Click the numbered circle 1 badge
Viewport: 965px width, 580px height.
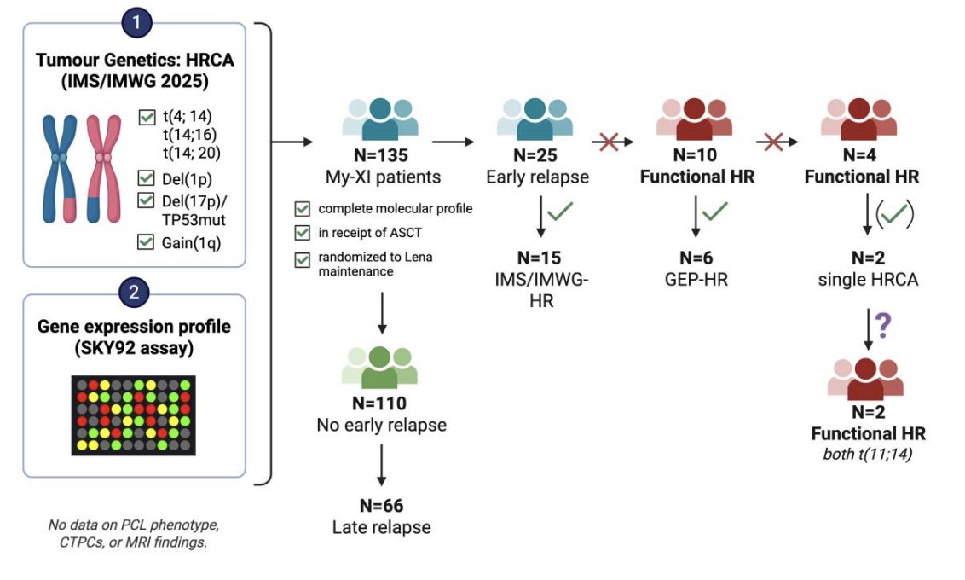coord(136,23)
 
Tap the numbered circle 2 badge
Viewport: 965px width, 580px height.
coord(134,291)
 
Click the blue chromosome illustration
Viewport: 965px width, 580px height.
coord(60,169)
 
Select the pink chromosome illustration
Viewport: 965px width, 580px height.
coord(103,169)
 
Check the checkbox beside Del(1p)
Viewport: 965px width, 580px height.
coord(146,178)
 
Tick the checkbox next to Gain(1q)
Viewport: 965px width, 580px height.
coord(146,241)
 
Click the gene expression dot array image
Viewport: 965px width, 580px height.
coord(134,415)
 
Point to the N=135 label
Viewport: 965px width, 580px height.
coord(381,155)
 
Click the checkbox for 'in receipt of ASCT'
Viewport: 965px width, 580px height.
coord(302,233)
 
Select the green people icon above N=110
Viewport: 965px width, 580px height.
coord(379,368)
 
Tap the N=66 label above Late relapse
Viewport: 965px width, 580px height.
coord(382,506)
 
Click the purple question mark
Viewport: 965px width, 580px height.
coord(883,325)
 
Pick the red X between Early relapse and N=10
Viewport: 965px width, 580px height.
coord(609,142)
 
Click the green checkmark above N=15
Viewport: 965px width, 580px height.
coord(560,212)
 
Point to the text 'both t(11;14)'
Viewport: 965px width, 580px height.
coord(868,455)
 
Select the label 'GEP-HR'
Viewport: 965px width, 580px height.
coord(696,280)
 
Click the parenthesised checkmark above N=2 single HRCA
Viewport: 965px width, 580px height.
coord(895,213)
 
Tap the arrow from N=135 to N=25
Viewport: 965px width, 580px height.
coord(453,142)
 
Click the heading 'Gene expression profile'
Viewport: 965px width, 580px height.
coord(134,327)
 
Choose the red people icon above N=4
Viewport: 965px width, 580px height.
coord(858,119)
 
